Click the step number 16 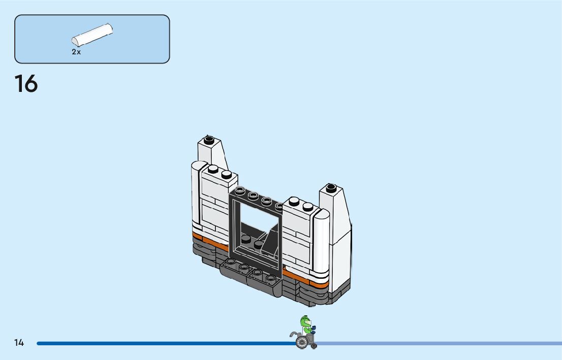(x=26, y=84)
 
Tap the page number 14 (x=19, y=343)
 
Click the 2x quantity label (x=76, y=52)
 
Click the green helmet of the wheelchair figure (x=305, y=321)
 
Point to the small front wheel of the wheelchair (x=314, y=346)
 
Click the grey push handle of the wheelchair (x=293, y=334)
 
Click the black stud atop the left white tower (x=208, y=139)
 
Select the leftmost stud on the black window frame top (x=240, y=190)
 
